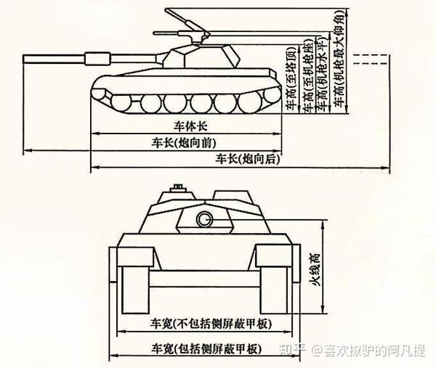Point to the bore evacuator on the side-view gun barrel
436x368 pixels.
94,57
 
